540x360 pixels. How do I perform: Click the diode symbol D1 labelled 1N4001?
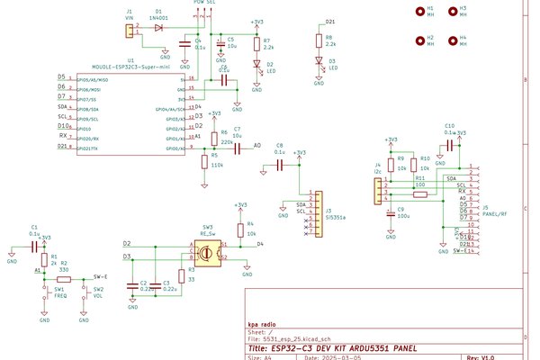[x=158, y=28]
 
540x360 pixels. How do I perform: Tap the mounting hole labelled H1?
[x=419, y=13]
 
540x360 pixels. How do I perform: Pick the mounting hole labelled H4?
[x=452, y=41]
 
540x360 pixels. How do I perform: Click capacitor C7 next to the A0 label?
[x=236, y=145]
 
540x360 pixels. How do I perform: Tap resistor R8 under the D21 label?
[x=317, y=40]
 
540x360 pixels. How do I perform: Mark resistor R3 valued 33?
[x=183, y=274]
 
